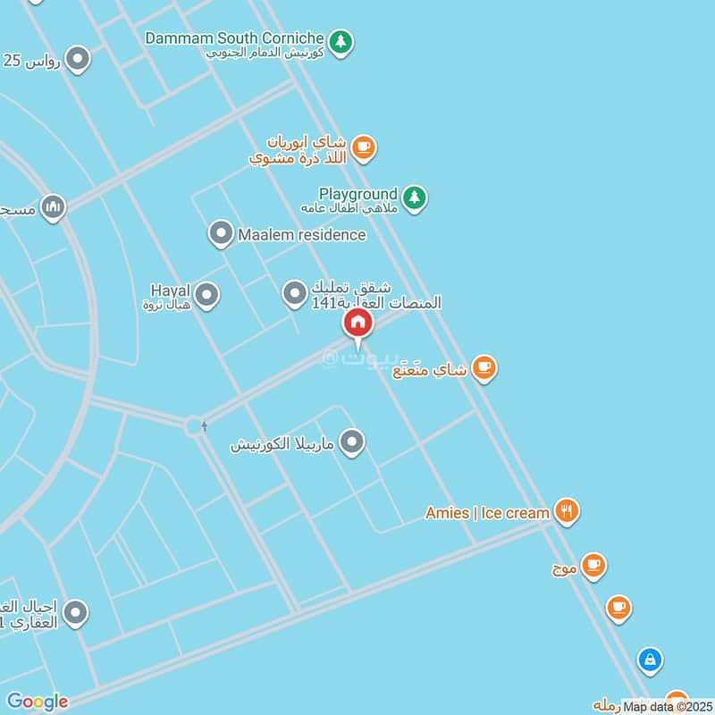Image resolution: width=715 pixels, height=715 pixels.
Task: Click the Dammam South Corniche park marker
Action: point(340,41)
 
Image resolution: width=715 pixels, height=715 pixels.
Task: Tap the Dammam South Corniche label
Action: point(234,39)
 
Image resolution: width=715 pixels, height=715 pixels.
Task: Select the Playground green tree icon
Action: point(413,198)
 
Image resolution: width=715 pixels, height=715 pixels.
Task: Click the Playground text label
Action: point(357,194)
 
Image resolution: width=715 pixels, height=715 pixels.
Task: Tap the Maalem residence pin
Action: point(220,235)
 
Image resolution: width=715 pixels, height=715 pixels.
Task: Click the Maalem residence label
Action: point(301,235)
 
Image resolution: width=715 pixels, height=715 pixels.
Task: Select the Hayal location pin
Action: point(206,294)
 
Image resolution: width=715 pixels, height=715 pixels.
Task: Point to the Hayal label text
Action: point(172,290)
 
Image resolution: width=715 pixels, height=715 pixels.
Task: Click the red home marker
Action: point(357,324)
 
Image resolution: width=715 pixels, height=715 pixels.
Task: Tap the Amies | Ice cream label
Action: point(487,513)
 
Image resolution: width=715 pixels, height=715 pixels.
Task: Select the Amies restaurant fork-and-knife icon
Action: point(566,512)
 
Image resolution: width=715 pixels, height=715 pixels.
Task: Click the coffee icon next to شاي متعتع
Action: point(484,367)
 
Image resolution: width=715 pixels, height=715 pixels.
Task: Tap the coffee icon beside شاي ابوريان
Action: point(362,147)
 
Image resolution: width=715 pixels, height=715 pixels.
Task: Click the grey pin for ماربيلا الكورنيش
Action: point(353,442)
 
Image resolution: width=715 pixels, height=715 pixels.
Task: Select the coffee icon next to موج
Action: point(593,566)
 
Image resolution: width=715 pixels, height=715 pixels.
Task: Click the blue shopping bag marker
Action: point(650,660)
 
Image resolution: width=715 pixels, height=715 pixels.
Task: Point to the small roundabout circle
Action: point(194,426)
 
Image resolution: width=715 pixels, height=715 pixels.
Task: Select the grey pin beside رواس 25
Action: point(79,60)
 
